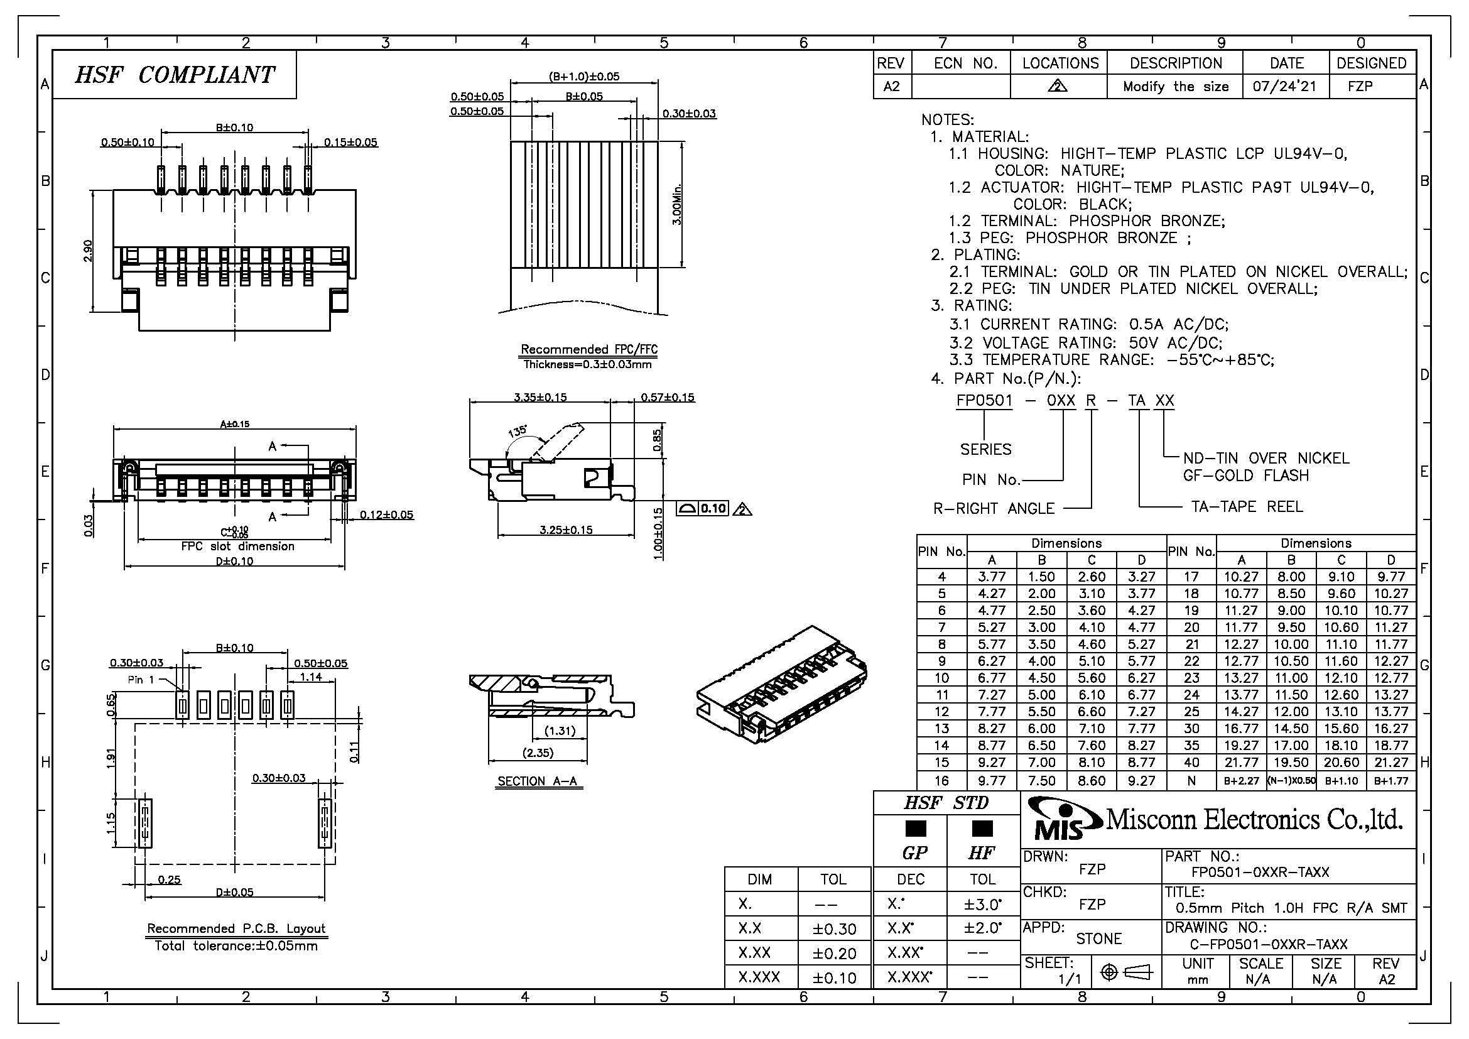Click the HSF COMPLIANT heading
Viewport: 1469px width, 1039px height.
tap(175, 75)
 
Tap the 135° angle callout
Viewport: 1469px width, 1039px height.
tap(518, 431)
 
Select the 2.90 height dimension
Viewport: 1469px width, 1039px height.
tap(88, 250)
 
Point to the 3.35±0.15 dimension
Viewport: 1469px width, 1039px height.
tap(540, 397)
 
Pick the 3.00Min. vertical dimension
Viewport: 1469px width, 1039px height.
tap(677, 204)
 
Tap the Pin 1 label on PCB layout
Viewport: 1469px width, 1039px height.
tap(141, 680)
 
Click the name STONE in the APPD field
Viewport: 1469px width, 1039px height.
tap(1098, 938)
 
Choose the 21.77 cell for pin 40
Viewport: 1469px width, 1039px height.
tap(1240, 763)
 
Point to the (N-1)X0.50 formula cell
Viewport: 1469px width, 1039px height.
tap(1291, 781)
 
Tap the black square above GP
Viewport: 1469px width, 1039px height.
tap(916, 829)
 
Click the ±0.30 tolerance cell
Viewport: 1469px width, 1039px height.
tap(833, 929)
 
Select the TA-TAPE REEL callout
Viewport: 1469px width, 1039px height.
tap(1246, 507)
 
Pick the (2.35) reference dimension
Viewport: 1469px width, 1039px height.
tap(538, 753)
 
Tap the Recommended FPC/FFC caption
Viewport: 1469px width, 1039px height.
tap(588, 349)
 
